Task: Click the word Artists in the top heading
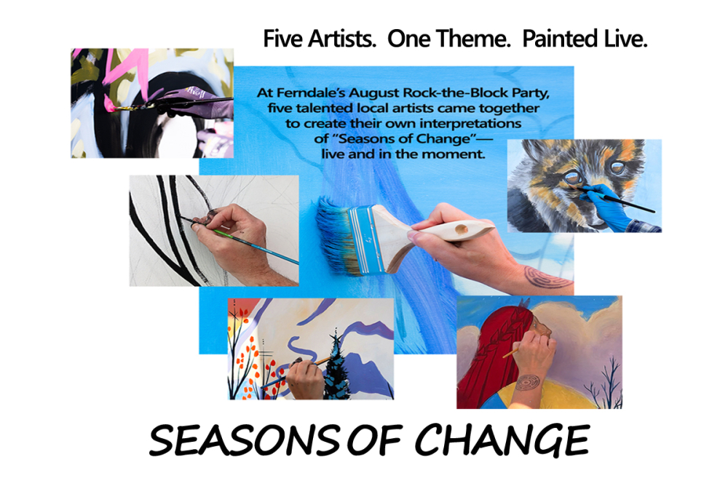point(342,39)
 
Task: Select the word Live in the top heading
point(625,39)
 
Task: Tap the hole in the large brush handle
point(462,229)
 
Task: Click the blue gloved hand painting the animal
point(604,207)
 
